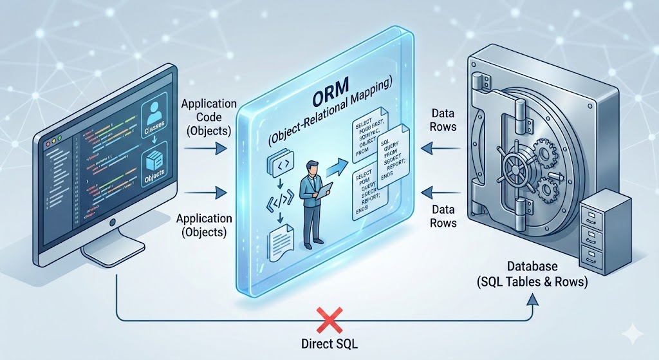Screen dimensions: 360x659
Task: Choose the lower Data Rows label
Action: click(443, 216)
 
